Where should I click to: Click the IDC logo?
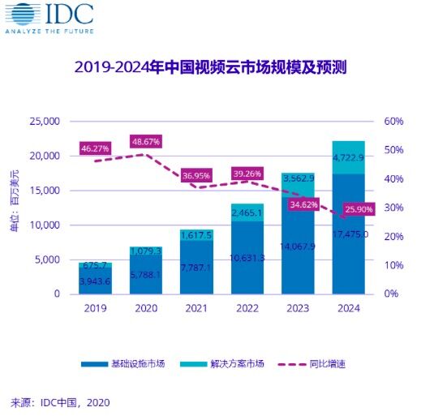[x=49, y=18]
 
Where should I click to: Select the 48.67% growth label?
[x=146, y=141]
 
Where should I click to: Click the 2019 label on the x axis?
[x=95, y=308]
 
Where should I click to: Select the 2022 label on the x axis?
[x=247, y=308]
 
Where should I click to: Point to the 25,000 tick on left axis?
[x=45, y=122]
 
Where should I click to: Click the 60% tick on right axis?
[x=393, y=122]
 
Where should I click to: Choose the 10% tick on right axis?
[x=393, y=265]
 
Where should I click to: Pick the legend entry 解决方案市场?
[x=236, y=364]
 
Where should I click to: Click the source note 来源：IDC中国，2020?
[x=60, y=401]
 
